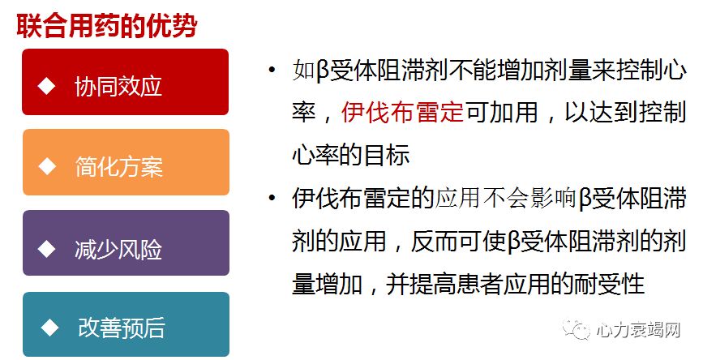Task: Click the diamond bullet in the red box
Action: click(x=48, y=85)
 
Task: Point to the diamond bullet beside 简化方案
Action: click(x=48, y=165)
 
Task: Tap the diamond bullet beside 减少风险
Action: click(x=48, y=246)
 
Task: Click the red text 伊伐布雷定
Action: click(x=401, y=112)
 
